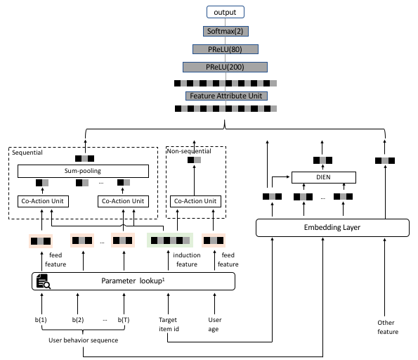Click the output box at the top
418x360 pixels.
point(226,12)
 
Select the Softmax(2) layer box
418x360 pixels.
point(226,31)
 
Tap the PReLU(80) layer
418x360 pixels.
point(226,49)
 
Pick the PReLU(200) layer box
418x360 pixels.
point(225,67)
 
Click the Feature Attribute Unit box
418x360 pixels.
point(226,96)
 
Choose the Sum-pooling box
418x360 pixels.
point(83,171)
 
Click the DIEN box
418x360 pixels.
point(324,177)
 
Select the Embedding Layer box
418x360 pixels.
point(332,228)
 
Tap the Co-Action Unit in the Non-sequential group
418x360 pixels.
point(195,201)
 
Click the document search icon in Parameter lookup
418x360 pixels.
point(43,281)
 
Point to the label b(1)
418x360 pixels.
point(41,320)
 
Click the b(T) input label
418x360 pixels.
point(124,320)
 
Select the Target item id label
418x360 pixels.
point(169,324)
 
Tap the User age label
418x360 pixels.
point(215,324)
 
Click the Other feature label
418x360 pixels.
point(388,327)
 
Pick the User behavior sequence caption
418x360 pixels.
point(83,340)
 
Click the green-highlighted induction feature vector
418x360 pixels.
point(170,240)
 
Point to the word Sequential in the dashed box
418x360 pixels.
point(27,153)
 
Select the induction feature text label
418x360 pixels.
point(187,259)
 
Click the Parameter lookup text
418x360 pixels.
point(133,281)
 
